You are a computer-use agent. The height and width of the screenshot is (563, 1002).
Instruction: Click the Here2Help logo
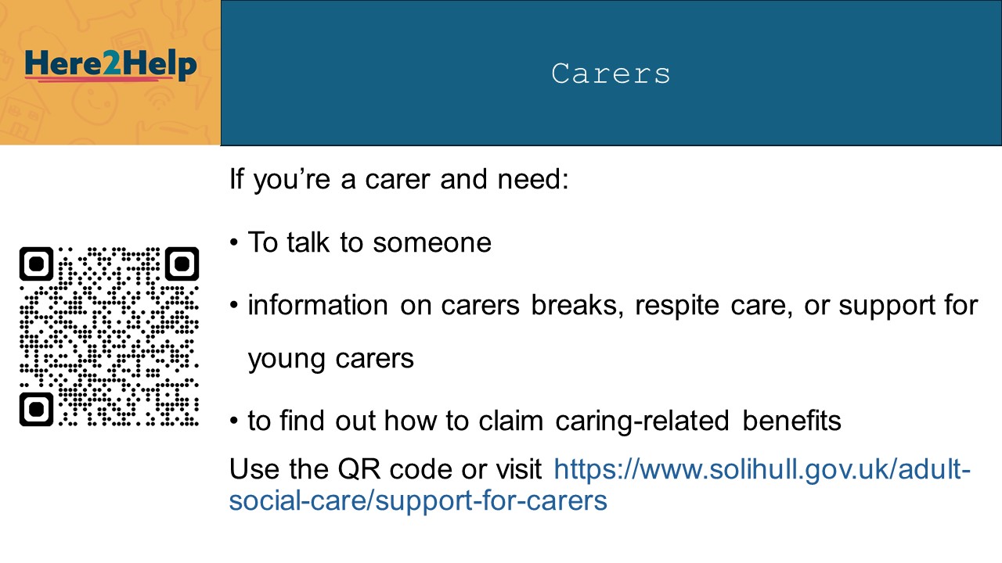click(110, 66)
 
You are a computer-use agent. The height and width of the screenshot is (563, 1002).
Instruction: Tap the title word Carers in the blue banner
click(611, 74)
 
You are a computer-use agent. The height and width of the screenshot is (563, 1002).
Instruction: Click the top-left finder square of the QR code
click(36, 264)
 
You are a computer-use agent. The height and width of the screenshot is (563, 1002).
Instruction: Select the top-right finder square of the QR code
click(182, 264)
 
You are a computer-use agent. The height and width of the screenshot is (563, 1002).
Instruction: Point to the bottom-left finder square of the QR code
click(36, 409)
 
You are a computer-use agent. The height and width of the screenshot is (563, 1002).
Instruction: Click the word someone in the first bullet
click(432, 242)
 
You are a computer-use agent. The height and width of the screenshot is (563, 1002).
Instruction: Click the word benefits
click(791, 421)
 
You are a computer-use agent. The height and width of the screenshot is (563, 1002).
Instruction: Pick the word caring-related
click(643, 421)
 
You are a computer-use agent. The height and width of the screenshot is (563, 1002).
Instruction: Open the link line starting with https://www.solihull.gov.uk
click(762, 470)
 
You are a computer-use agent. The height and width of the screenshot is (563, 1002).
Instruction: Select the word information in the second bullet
click(318, 306)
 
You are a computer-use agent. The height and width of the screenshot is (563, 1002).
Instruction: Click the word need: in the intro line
click(533, 180)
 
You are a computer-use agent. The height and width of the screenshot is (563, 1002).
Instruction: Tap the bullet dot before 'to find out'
click(234, 421)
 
